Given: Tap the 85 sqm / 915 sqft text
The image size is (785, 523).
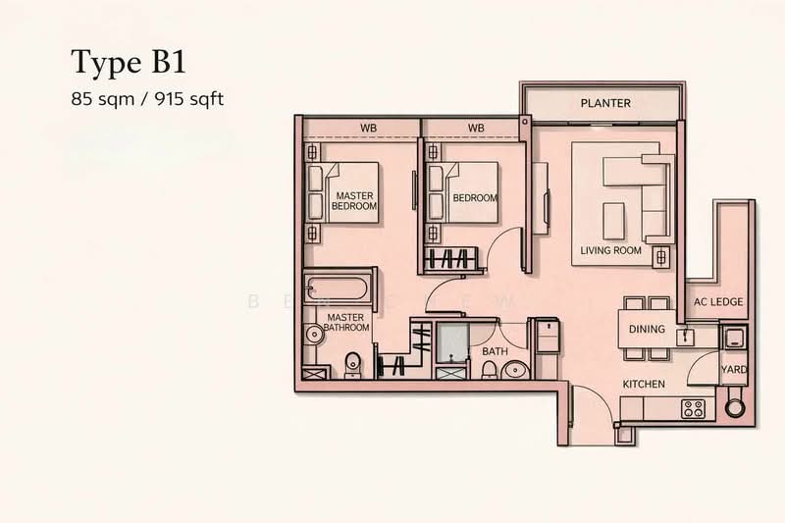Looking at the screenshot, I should click(x=147, y=99).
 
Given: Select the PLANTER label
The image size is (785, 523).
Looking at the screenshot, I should click(x=604, y=103).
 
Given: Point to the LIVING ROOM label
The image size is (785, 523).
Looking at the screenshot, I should click(x=610, y=250).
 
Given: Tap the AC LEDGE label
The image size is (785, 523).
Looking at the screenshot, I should click(x=718, y=302).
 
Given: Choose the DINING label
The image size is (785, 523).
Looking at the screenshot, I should click(x=647, y=330).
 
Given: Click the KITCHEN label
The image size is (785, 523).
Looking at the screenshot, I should click(x=644, y=384).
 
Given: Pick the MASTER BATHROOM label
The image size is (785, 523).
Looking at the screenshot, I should click(x=347, y=323).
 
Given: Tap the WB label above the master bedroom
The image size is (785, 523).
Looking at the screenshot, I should click(x=368, y=128).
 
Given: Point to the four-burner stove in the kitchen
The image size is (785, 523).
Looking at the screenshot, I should click(x=695, y=408).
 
